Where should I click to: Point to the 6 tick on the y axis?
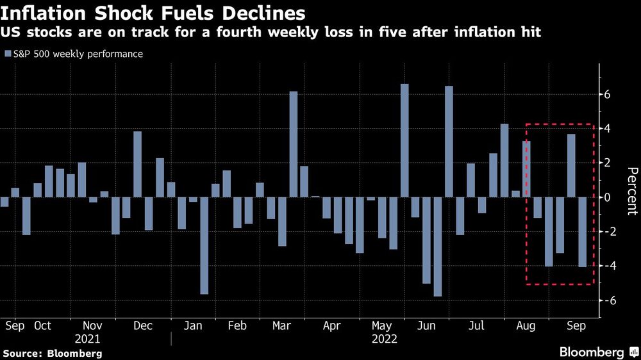[606, 95]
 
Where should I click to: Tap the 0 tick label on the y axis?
[606, 197]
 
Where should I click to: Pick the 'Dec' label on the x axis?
[142, 325]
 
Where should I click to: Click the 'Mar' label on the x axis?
[282, 325]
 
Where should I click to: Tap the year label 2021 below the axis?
[88, 339]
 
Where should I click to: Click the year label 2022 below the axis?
[385, 339]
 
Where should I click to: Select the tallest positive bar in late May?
[404, 140]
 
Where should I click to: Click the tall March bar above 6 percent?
[293, 144]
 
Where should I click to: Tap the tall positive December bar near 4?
[137, 164]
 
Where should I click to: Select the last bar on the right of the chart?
[582, 232]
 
